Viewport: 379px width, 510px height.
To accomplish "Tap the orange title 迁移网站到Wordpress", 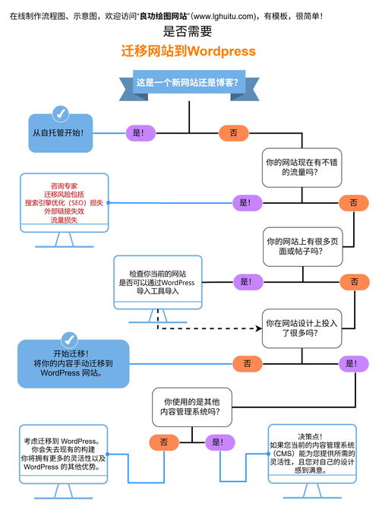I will click(188, 51).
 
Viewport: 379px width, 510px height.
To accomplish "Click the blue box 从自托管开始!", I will click(62, 132).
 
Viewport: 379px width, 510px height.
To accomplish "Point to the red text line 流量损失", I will click(65, 220).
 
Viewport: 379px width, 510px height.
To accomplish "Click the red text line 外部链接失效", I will click(65, 211).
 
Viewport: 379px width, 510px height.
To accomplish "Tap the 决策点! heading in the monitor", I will click(311, 436).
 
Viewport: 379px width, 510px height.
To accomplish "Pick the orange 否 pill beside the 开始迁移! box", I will click(247, 363).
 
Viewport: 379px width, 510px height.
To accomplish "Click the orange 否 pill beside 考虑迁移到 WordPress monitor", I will click(164, 442).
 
